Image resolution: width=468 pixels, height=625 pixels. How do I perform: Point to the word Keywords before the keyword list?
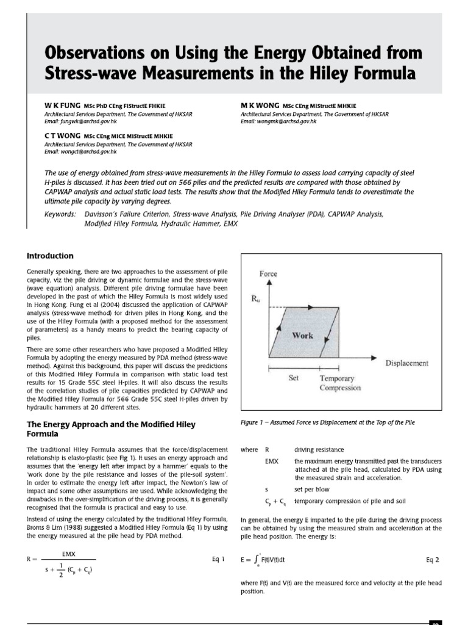pyautogui.click(x=61, y=215)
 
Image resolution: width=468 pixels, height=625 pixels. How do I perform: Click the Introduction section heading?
pyautogui.click(x=50, y=256)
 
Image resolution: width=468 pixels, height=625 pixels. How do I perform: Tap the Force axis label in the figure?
pyautogui.click(x=269, y=275)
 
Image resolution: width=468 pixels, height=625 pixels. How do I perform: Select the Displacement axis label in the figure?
pyautogui.click(x=406, y=363)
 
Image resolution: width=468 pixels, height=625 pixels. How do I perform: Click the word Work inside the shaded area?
pyautogui.click(x=303, y=335)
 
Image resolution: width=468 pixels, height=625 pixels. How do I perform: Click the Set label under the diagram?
pyautogui.click(x=294, y=378)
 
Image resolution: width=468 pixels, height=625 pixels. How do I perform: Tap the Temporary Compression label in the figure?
pyautogui.click(x=340, y=383)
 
